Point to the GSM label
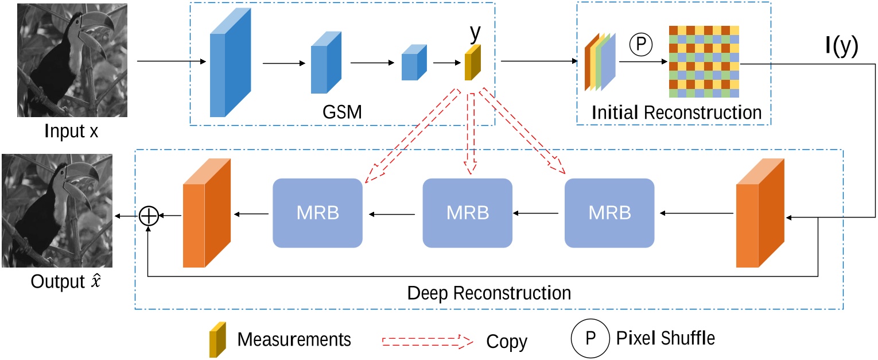[x=343, y=111]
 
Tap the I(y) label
[x=841, y=47]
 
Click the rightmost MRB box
[x=609, y=213]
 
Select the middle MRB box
[x=467, y=213]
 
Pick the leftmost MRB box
[x=317, y=213]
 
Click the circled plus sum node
[x=149, y=215]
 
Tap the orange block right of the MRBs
[x=760, y=212]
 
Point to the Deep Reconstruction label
[x=489, y=293]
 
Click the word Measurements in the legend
[x=294, y=339]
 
